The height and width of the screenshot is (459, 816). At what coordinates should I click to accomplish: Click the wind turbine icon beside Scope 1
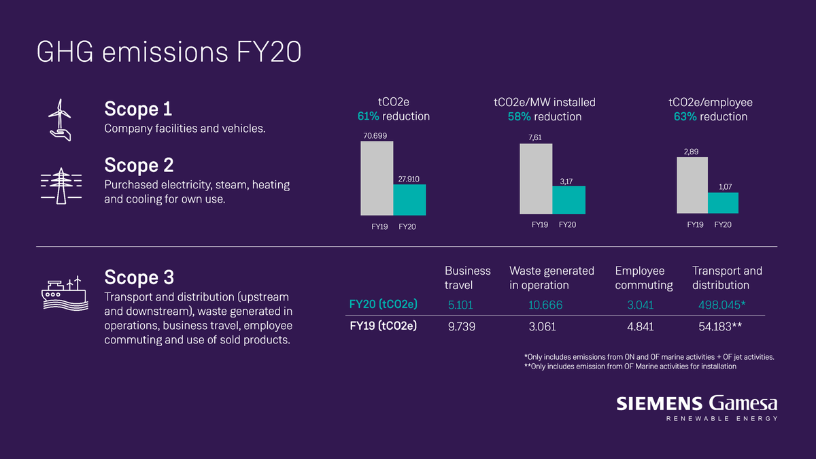click(60, 120)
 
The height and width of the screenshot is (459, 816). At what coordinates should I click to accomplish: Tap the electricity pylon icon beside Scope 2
click(61, 186)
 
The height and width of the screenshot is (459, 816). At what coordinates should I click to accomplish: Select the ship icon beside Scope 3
click(65, 293)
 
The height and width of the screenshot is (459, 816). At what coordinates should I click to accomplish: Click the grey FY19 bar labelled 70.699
click(377, 178)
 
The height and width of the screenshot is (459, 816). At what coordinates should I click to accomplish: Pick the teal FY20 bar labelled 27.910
click(409, 200)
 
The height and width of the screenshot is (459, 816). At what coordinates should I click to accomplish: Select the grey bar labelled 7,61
click(536, 179)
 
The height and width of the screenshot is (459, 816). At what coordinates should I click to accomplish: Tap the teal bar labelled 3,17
click(568, 200)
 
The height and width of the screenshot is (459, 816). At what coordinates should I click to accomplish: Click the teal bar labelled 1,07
click(723, 203)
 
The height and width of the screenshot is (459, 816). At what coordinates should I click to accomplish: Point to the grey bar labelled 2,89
click(692, 186)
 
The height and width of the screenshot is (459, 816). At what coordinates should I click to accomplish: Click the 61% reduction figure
click(369, 116)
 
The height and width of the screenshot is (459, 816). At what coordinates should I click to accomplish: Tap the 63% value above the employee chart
click(685, 116)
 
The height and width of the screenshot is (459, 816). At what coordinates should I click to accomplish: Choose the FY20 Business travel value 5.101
click(460, 305)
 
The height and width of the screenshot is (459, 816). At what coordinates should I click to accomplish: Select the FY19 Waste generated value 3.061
click(542, 326)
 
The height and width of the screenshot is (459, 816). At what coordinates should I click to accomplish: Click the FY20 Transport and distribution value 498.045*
click(722, 305)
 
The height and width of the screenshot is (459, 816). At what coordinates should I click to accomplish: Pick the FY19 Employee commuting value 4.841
click(640, 326)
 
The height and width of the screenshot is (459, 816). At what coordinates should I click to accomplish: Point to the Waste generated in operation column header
click(551, 278)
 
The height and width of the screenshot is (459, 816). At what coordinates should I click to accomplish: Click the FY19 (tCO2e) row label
click(384, 326)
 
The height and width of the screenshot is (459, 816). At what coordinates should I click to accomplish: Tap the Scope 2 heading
click(139, 165)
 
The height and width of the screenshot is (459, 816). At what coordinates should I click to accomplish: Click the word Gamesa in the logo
click(743, 404)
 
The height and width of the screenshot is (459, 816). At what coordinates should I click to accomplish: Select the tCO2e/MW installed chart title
click(545, 103)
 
